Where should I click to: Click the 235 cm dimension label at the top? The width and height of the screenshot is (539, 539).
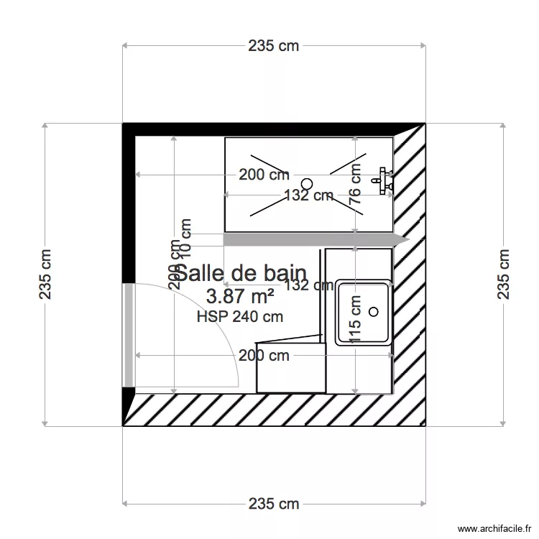(274, 46)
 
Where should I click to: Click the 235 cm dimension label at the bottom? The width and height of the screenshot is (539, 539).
(274, 504)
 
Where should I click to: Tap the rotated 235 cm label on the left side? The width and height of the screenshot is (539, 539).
(45, 275)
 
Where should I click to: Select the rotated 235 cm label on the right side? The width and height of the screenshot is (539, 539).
(503, 275)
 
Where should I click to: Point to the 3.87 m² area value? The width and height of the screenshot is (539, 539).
(240, 295)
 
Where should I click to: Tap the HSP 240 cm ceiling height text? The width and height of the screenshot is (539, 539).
(239, 315)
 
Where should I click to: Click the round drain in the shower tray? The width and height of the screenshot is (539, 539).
(308, 183)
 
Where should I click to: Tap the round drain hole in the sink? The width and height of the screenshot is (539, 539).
(373, 311)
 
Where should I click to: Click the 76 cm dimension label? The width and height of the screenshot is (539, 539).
(355, 185)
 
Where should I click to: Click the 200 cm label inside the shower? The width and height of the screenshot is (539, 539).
(264, 175)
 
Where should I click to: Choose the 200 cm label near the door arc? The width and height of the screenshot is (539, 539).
(264, 355)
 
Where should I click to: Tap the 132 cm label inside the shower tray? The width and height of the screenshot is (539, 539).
(308, 195)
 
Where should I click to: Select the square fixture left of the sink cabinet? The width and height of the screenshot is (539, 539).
(290, 367)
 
